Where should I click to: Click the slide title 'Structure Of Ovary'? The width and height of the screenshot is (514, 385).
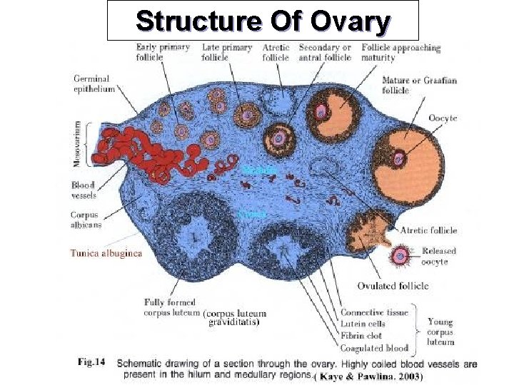pos(262,21)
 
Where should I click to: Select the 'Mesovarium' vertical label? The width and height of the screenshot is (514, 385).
pos(78,143)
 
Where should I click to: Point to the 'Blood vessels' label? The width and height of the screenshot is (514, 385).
pos(84,190)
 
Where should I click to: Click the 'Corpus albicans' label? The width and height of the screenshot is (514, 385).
pos(86,219)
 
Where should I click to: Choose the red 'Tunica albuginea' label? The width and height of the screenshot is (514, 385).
pos(106,252)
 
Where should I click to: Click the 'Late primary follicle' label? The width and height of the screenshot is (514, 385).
pos(227,52)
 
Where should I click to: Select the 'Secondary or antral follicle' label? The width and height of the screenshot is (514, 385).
pos(326,52)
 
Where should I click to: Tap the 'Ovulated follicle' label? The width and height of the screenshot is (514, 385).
pos(393,286)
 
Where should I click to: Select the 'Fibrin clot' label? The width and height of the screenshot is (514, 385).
pos(361,336)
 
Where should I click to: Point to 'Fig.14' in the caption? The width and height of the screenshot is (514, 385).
pos(91,362)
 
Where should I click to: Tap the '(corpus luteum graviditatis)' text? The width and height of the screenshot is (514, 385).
pos(235,317)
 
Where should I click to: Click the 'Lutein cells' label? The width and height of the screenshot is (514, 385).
pos(362,324)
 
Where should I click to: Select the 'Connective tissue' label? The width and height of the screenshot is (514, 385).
pos(374,312)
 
